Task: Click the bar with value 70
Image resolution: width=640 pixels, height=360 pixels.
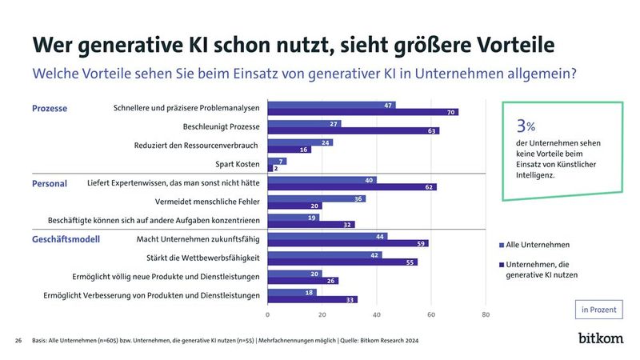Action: pos(362,112)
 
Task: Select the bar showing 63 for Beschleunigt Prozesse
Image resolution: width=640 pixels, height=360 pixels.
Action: pos(353,131)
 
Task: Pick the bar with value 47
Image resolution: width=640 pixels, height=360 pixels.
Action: pos(331,105)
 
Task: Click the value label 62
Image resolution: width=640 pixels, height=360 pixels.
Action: pos(430,187)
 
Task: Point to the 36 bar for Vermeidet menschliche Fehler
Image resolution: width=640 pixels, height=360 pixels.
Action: pos(316,198)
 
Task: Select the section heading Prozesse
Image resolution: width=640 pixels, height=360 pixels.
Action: pos(50,108)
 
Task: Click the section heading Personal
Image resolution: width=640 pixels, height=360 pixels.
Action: pos(50,183)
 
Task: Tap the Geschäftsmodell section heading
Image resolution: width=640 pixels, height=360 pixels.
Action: pos(65,239)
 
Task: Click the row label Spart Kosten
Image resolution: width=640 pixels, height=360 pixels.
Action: pos(237,165)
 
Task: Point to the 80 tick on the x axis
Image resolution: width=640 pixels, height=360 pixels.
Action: pos(486,314)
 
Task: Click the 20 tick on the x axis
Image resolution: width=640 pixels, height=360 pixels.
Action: pos(322,314)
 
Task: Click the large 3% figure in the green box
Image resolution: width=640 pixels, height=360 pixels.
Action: pos(526,126)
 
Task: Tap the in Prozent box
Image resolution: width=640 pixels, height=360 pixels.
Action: pos(599,310)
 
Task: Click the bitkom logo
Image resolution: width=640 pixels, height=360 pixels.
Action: pos(601,338)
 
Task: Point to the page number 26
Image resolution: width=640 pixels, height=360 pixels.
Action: pos(18,341)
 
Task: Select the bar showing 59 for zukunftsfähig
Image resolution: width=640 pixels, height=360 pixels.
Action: pos(347,243)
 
